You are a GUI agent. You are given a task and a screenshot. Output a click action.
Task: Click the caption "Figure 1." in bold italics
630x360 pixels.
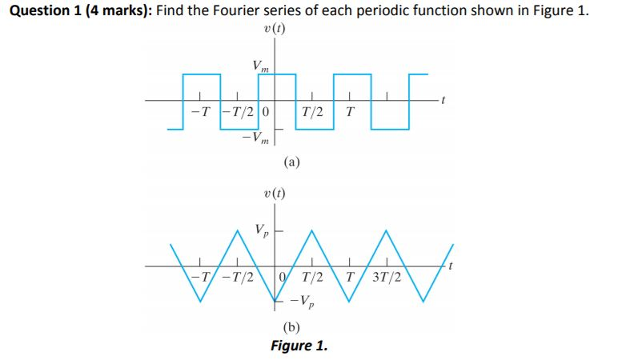(299, 346)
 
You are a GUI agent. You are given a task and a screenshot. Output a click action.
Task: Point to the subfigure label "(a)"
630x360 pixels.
(292, 163)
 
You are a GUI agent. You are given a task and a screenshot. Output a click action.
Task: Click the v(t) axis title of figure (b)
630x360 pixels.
(275, 193)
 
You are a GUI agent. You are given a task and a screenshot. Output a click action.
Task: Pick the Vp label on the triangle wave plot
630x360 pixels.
(262, 230)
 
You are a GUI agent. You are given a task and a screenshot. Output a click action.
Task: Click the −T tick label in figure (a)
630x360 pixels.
(203, 111)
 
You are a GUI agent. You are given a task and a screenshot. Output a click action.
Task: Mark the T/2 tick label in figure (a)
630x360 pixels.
(313, 111)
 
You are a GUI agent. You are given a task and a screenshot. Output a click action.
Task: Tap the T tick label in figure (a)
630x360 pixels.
(349, 111)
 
